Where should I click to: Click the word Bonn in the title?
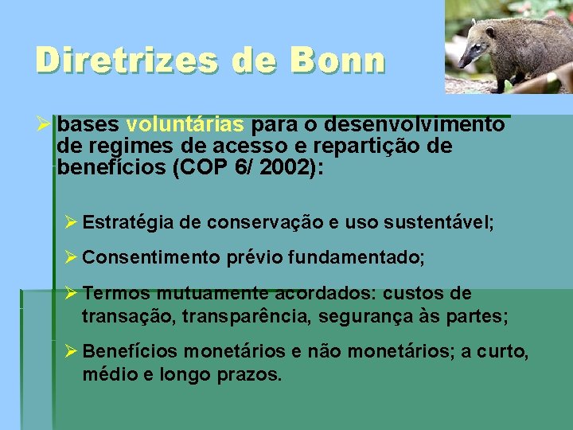pos(338,61)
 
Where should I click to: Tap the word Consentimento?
pos(151,257)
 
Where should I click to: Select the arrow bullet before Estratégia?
pos(71,222)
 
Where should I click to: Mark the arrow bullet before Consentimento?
pos(71,257)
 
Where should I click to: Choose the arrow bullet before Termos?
pos(71,293)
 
